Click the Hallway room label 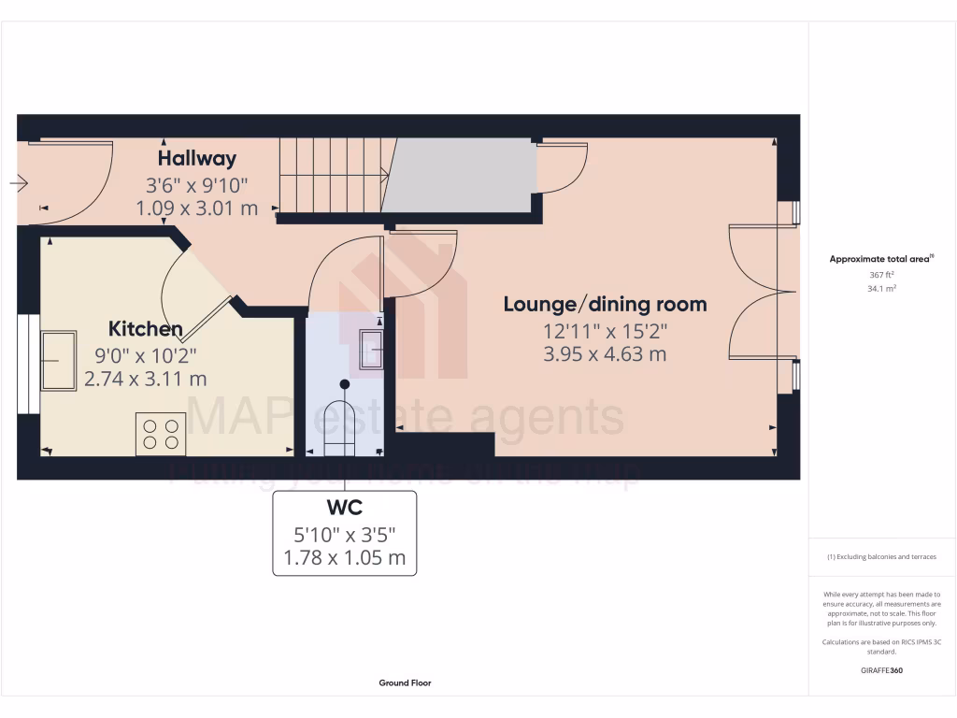(196, 158)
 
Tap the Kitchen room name (145, 329)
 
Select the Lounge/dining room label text (605, 304)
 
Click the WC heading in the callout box (344, 508)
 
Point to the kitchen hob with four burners (160, 434)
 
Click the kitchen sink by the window (59, 359)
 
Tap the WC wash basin (371, 351)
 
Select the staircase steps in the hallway (332, 175)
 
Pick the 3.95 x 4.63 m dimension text (605, 354)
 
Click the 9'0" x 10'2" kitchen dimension (145, 354)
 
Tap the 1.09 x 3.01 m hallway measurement (196, 208)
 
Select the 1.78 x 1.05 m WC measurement (344, 559)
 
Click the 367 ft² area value (881, 275)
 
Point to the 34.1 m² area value (881, 289)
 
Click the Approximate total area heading (881, 259)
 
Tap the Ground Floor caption (405, 683)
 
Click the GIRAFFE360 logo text (881, 670)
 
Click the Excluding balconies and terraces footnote (881, 557)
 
